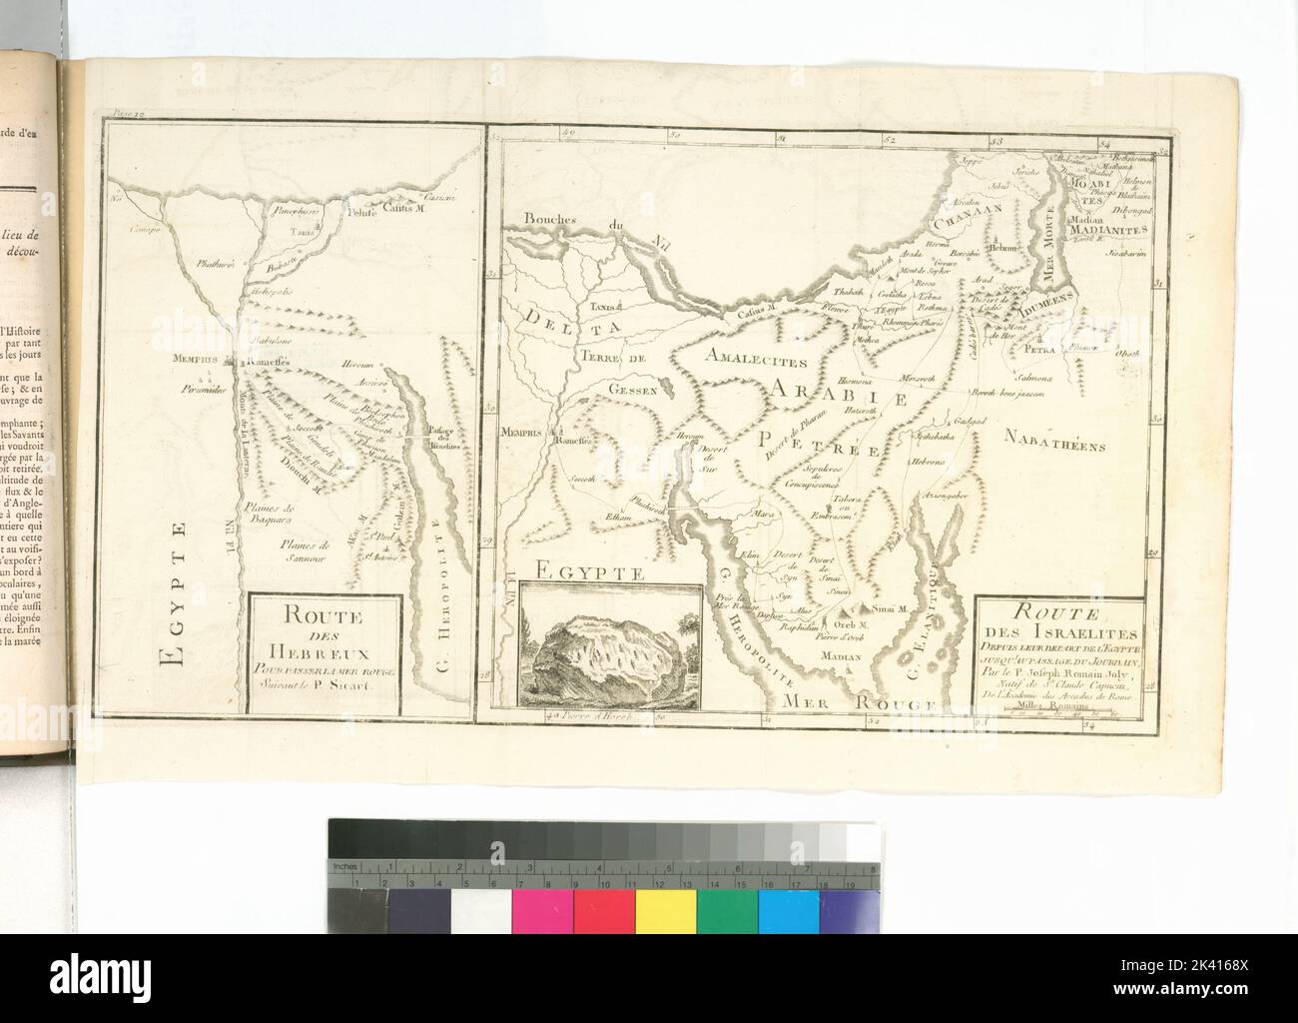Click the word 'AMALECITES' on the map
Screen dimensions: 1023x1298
point(752,356)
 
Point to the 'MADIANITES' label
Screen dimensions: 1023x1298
point(1110,229)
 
